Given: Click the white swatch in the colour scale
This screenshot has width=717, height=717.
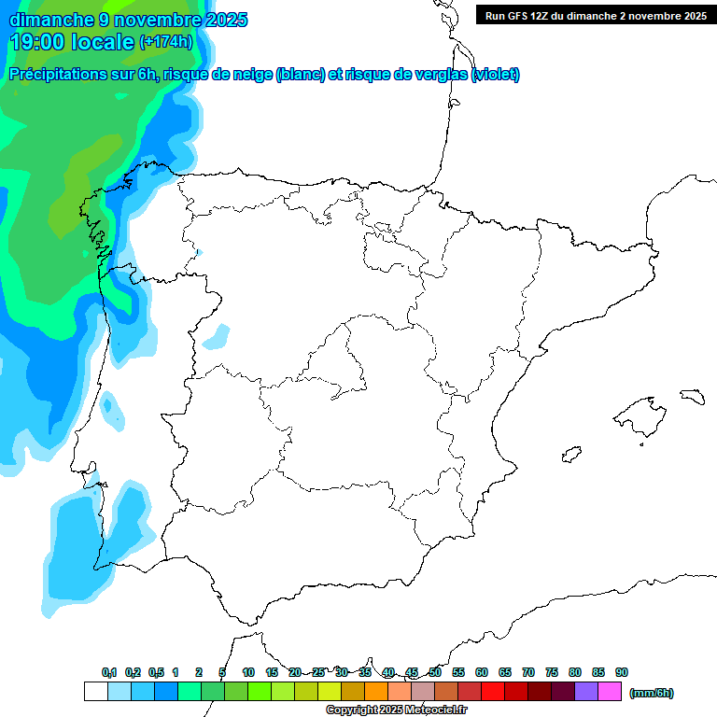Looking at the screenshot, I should (x=95, y=692).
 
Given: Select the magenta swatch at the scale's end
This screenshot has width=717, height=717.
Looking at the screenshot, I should (x=610, y=692).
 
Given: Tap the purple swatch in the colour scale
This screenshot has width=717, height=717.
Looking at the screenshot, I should (x=586, y=692).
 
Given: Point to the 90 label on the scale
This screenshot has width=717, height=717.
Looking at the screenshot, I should (x=622, y=672).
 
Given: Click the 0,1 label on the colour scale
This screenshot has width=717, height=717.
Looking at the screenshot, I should (x=109, y=672).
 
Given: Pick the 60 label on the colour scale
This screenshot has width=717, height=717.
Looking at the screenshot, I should (x=482, y=672).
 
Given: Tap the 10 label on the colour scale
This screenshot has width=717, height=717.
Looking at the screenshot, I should (x=248, y=672).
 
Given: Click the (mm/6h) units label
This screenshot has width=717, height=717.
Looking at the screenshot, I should (x=652, y=693).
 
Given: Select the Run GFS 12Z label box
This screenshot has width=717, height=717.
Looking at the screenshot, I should (x=596, y=16).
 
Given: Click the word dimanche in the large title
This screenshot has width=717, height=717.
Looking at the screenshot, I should (x=51, y=20).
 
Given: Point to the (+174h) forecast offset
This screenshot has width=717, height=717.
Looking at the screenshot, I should (x=165, y=42).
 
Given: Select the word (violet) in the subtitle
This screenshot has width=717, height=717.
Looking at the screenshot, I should (x=496, y=75).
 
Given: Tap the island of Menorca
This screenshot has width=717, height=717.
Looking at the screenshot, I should (x=692, y=397).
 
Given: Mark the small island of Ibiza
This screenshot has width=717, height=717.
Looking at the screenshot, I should (x=569, y=455).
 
